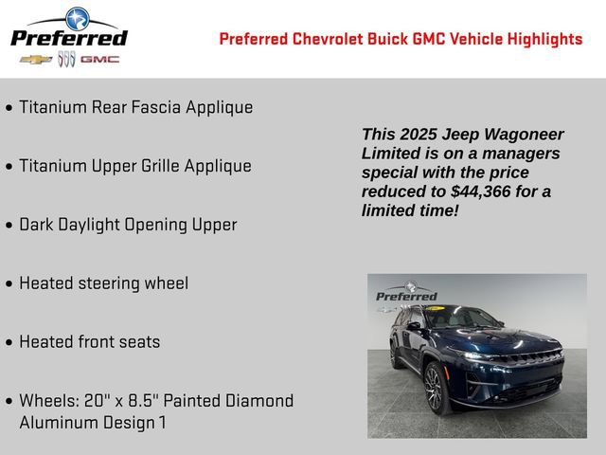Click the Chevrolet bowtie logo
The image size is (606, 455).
(x=36, y=59)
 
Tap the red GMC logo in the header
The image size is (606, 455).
(x=99, y=59)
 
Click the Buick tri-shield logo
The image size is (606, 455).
(x=66, y=59)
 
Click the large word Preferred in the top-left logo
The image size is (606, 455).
(x=68, y=38)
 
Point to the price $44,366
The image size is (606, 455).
(x=484, y=191)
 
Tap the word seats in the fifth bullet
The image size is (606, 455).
(x=139, y=342)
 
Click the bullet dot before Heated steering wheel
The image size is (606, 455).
(x=9, y=284)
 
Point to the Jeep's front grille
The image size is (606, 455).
(x=529, y=360)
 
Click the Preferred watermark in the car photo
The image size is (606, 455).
(x=407, y=295)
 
